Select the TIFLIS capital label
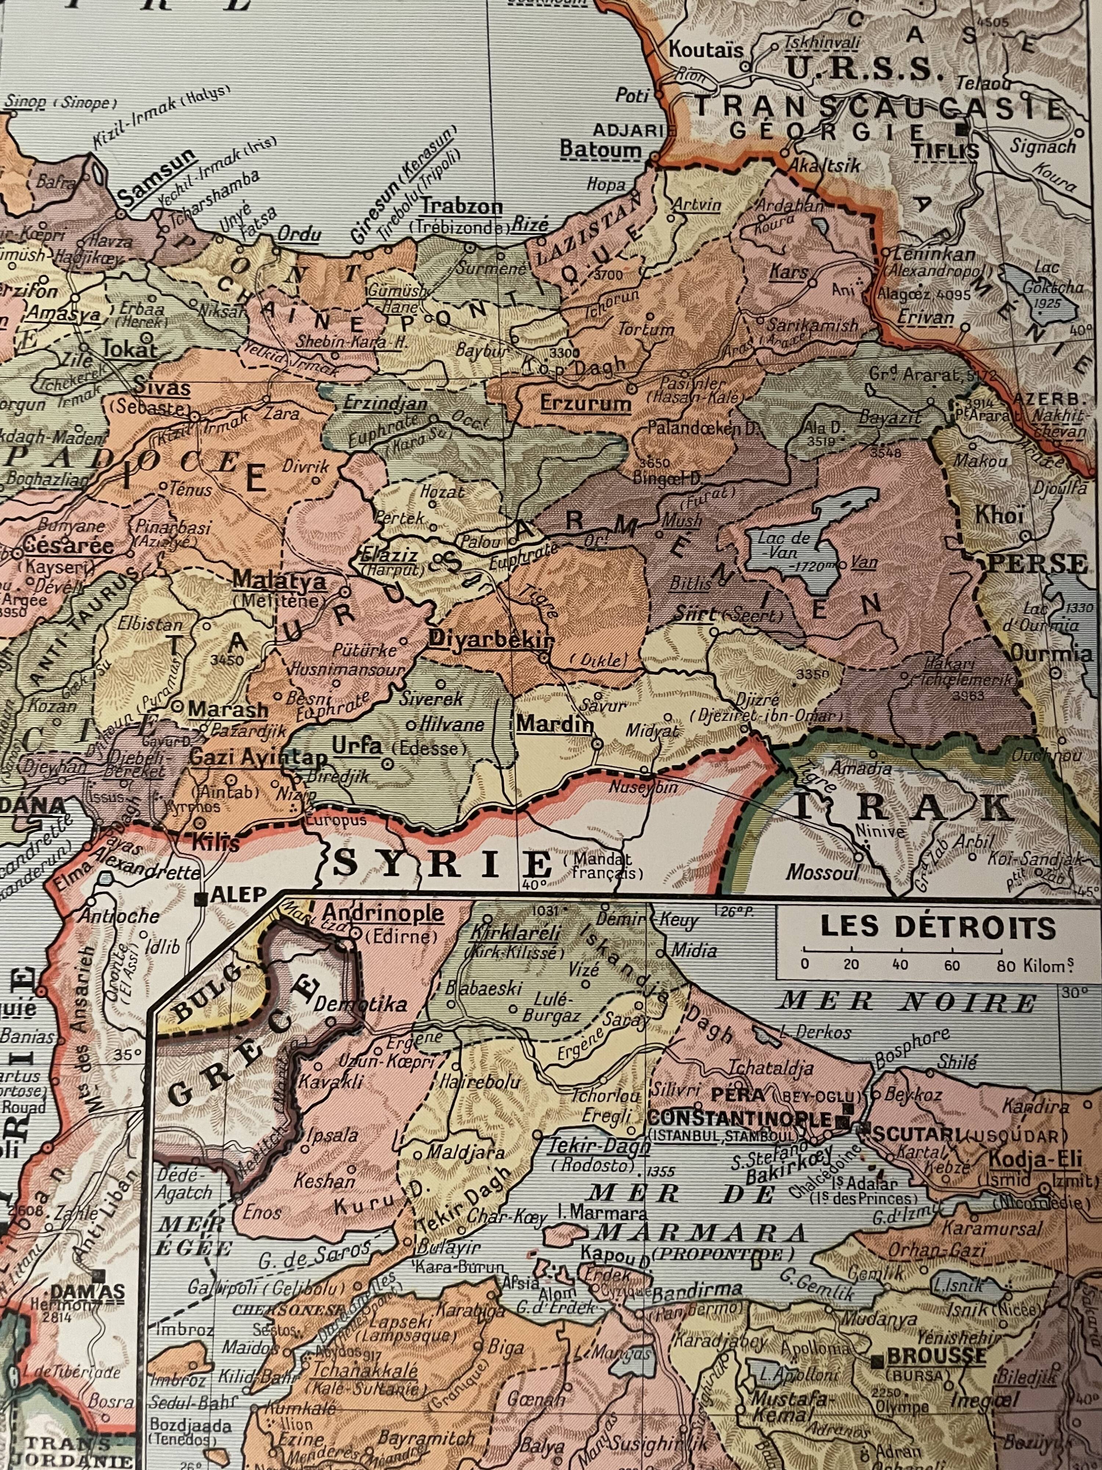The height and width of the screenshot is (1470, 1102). click(944, 151)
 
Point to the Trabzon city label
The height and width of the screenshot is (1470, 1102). click(462, 207)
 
